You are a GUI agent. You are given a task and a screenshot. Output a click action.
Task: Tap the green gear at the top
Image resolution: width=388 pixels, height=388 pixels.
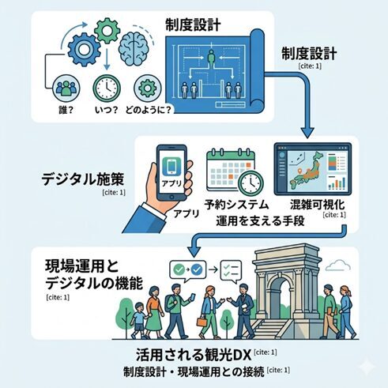107,31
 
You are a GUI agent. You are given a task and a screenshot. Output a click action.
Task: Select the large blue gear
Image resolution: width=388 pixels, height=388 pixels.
84,49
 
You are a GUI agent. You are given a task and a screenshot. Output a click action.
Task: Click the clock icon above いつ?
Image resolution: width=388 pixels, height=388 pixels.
107,89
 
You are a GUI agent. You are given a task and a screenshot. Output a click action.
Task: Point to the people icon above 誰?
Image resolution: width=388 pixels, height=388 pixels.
66,89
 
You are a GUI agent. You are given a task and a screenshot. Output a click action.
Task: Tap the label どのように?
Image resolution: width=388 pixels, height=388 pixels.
149,110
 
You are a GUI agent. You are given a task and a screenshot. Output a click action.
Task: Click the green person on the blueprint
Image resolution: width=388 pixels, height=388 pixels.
211,58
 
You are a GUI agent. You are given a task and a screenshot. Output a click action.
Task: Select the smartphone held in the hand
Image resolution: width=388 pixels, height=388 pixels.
171,173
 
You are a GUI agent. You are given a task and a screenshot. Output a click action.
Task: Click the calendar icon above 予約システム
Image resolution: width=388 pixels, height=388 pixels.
231,169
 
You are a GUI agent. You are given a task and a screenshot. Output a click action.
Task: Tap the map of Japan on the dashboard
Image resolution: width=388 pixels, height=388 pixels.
306,170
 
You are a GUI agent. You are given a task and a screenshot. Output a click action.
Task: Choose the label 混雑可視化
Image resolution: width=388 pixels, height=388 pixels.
317,205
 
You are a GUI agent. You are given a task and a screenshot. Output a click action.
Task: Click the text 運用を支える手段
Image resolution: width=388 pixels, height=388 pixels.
260,220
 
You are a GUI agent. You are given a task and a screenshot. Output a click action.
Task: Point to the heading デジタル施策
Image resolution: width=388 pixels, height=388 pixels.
83,179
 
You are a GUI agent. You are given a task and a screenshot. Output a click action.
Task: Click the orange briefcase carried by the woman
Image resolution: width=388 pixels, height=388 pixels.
202,322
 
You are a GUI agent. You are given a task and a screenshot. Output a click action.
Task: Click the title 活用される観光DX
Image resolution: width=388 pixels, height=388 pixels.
194,355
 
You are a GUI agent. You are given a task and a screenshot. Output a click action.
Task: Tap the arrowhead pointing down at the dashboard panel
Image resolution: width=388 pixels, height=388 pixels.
307,133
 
